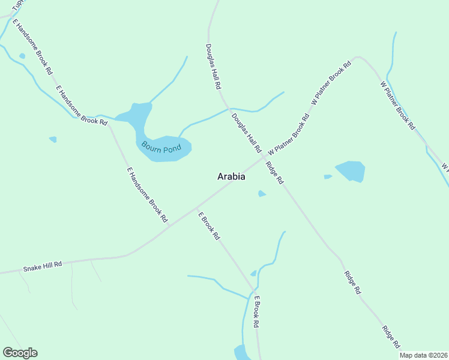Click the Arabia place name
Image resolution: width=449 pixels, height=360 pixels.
[231, 177]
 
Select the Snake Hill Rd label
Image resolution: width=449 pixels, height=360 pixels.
[43, 267]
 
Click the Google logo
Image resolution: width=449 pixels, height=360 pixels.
[20, 353]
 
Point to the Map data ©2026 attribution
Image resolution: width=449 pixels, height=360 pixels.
[424, 355]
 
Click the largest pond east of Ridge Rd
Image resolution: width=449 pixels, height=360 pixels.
[351, 171]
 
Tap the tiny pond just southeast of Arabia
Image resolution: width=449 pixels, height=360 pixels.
[262, 193]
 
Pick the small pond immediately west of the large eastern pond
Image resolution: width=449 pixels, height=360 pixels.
[328, 176]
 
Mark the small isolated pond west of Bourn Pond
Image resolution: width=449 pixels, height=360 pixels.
[53, 139]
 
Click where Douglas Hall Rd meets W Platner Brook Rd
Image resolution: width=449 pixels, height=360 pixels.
[264, 157]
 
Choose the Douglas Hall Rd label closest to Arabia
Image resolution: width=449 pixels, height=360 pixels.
[247, 132]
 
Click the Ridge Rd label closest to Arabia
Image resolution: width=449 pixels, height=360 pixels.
[274, 173]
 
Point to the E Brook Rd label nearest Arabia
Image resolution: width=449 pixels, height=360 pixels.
[209, 226]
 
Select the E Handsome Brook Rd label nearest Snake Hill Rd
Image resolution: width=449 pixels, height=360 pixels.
[147, 194]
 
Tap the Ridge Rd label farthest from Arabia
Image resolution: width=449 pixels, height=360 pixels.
[391, 337]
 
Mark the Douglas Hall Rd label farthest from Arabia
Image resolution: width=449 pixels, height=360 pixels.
[213, 66]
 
